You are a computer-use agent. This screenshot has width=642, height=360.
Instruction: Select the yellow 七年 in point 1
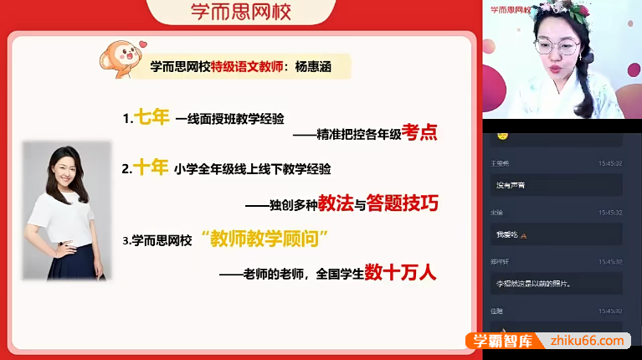(152, 117)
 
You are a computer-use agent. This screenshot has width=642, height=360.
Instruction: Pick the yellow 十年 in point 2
(152, 167)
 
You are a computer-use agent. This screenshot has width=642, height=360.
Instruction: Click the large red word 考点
(419, 131)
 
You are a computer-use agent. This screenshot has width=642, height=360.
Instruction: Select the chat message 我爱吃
(508, 234)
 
